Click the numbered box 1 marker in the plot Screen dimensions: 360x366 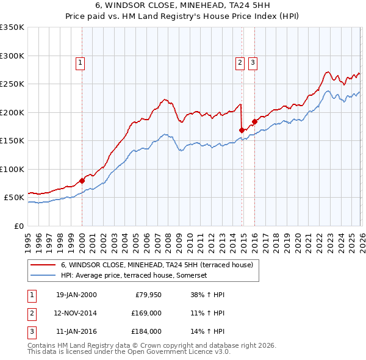[81, 62]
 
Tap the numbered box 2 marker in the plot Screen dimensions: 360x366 [240, 62]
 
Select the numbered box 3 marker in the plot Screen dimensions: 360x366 [253, 62]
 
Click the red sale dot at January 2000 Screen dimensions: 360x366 [82, 181]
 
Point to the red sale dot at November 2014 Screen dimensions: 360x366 [242, 130]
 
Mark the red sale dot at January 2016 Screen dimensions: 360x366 [254, 121]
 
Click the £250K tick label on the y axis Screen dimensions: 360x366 [12, 84]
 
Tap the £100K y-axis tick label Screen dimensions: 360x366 [12, 170]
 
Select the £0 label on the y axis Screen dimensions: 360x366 [19, 226]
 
